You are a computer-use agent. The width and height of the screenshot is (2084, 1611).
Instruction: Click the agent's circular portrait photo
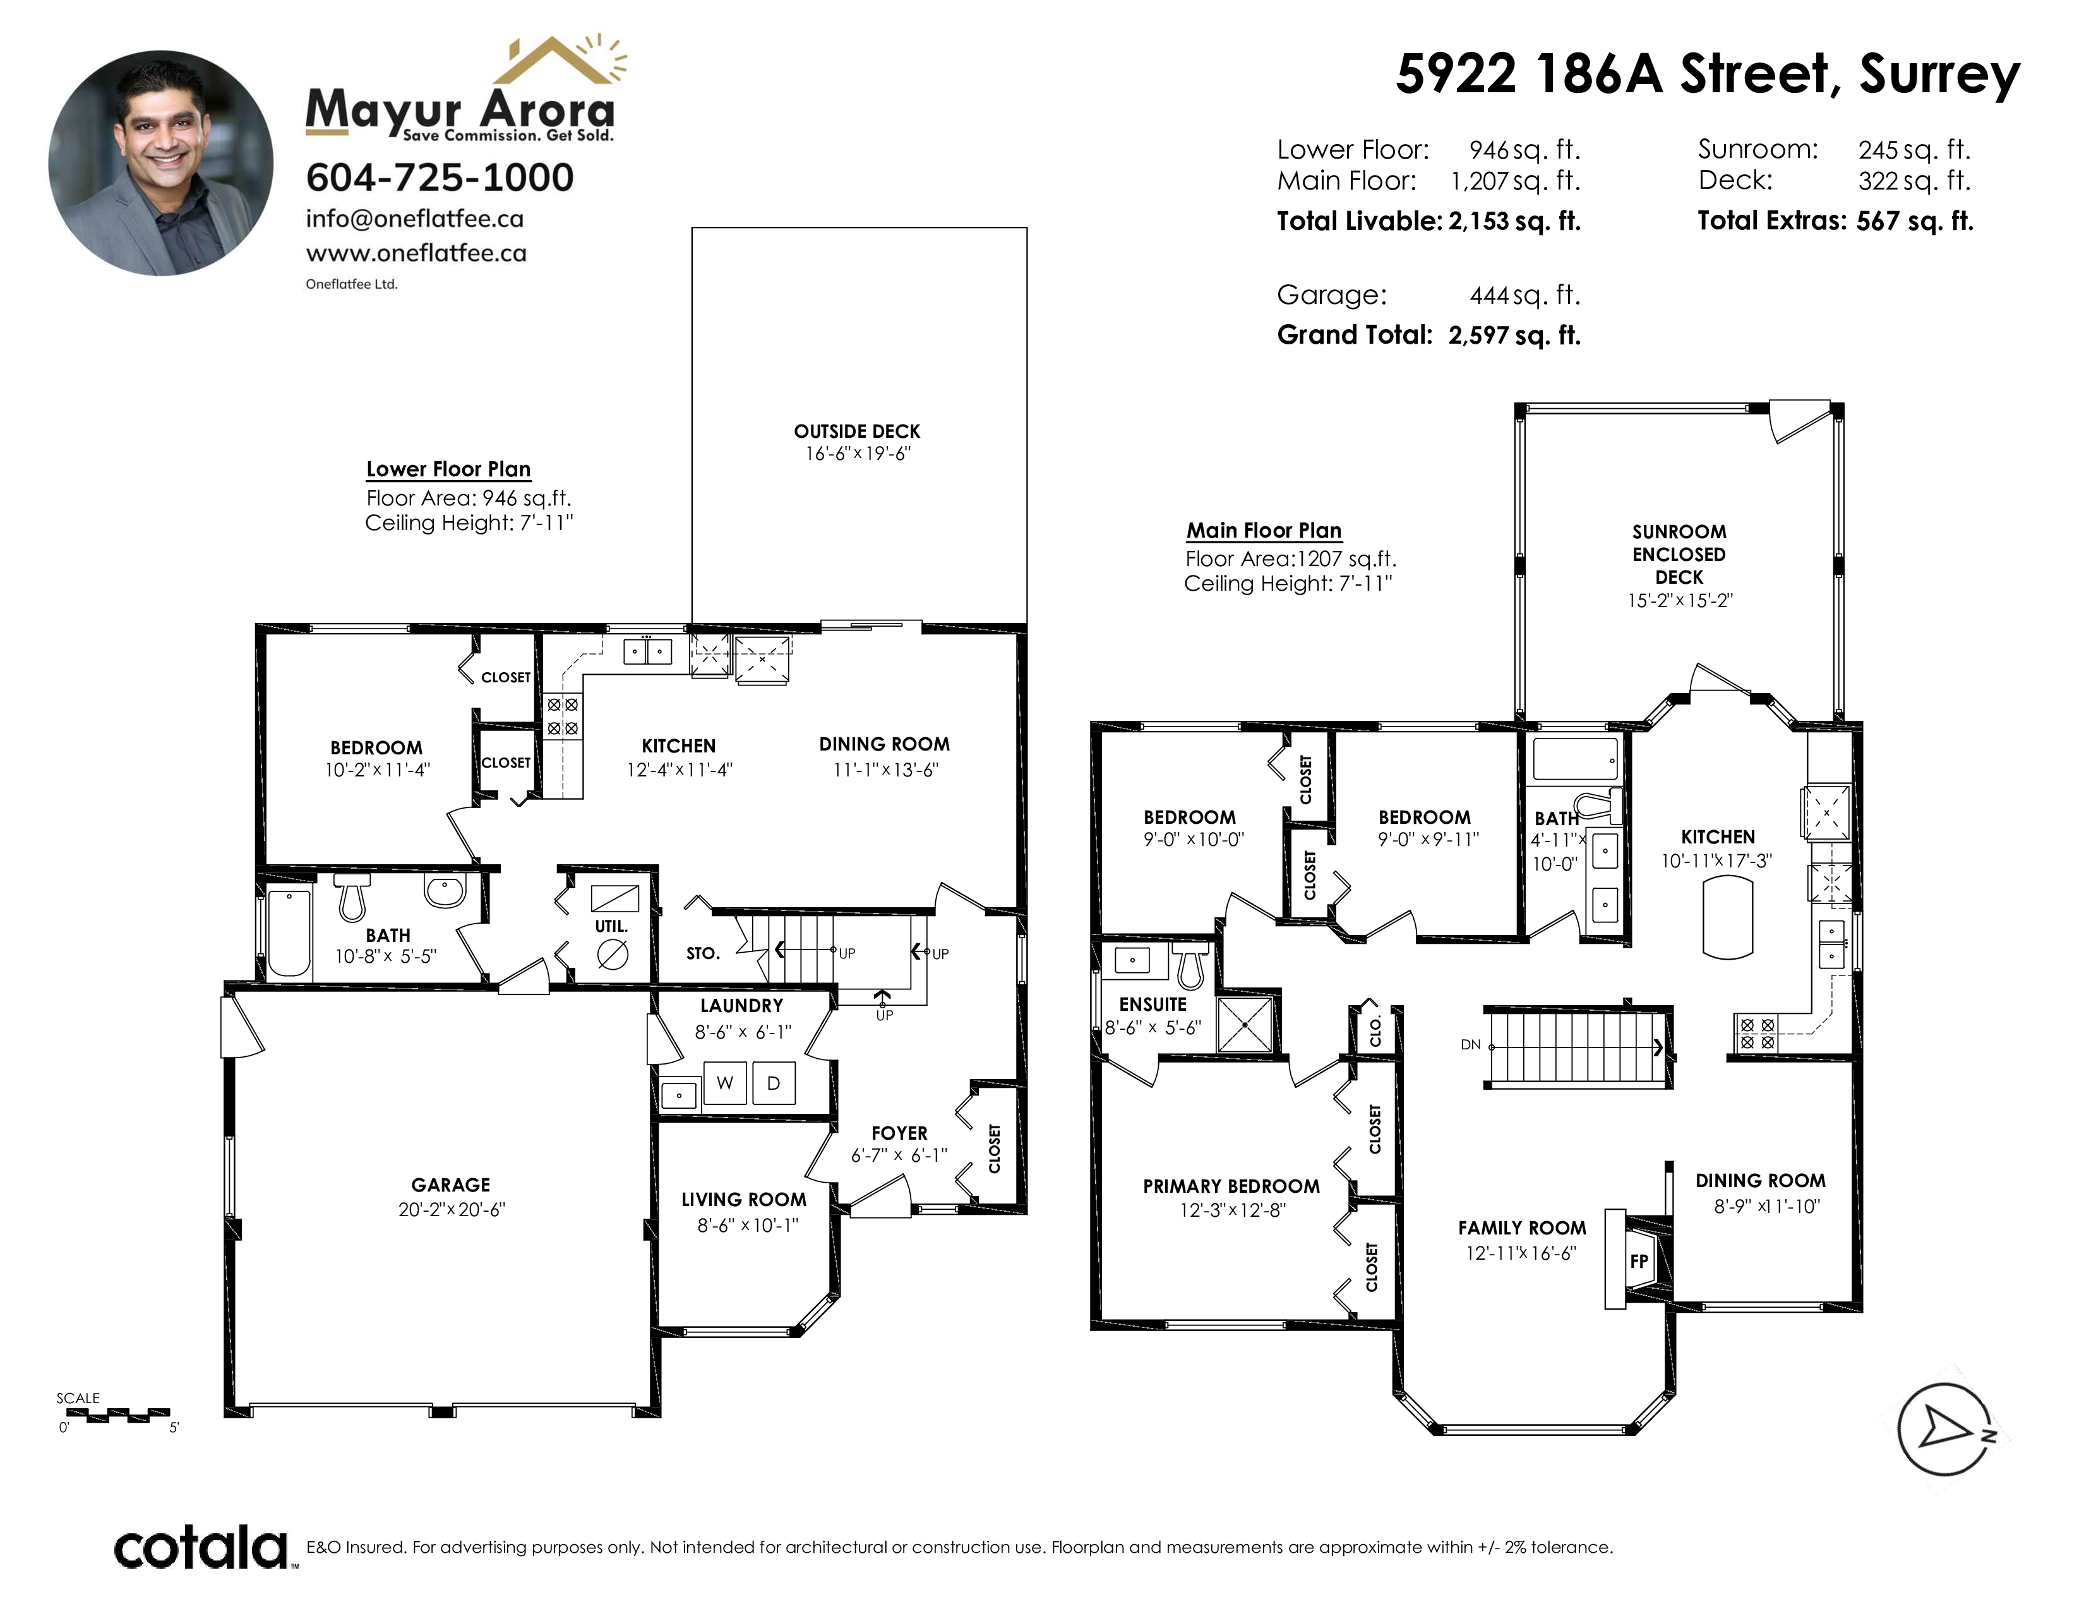coord(161,163)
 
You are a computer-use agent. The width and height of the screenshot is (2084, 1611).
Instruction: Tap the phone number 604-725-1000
coord(440,178)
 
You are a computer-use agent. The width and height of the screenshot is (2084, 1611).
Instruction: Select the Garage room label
coord(450,1185)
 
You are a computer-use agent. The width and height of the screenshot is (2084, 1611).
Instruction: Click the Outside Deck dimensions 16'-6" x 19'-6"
coord(858,454)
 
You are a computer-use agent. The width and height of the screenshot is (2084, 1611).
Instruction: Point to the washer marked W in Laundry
coord(725,1083)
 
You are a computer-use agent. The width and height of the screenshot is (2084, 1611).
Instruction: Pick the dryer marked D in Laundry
coord(774,1083)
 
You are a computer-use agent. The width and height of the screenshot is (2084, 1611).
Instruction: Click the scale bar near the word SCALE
coord(114,1415)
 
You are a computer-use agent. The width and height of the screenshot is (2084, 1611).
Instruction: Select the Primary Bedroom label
coord(1231,1186)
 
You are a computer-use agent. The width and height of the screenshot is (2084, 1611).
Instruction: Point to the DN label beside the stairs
coord(1470,1045)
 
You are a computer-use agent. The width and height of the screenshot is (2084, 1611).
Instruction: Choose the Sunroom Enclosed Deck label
coord(1679,555)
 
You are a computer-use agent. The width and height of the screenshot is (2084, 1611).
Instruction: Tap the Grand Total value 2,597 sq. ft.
coord(1514,335)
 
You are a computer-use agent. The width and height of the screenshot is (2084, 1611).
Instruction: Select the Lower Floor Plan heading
coord(448,469)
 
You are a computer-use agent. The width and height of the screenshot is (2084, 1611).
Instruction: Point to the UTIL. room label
coord(611,926)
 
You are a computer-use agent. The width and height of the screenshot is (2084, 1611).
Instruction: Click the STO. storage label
coord(702,953)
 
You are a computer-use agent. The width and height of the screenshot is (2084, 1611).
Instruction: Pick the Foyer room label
coord(899,1133)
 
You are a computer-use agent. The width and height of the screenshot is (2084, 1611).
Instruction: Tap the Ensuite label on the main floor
coord(1153,1004)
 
